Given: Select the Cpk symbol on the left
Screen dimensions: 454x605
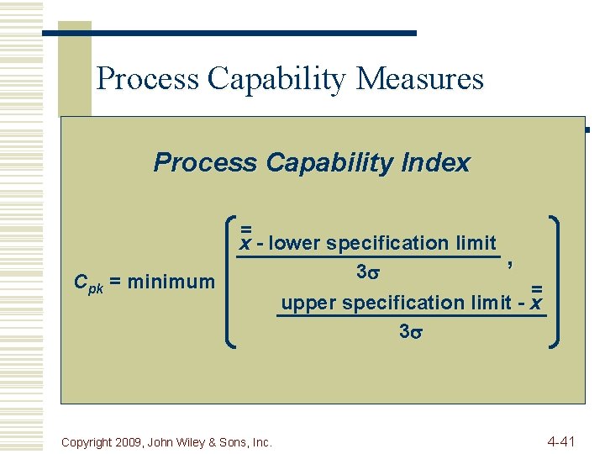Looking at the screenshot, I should point(88,282).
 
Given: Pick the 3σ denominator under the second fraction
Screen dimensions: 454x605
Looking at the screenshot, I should point(410,331).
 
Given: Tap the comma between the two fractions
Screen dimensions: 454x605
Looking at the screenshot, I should point(510,265).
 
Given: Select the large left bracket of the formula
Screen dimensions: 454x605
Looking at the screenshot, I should point(233,282).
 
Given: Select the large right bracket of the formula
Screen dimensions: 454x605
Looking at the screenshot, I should point(555,282).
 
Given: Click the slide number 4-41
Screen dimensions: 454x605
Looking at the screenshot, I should point(561,441).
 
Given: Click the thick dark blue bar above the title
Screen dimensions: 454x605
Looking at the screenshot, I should point(229,33).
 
